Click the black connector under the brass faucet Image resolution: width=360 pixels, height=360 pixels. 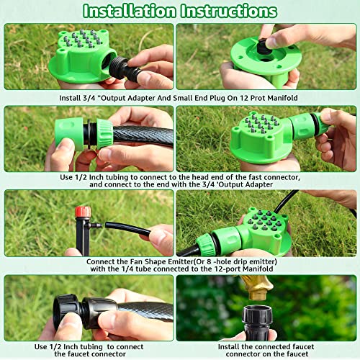(x=256, y=324)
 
